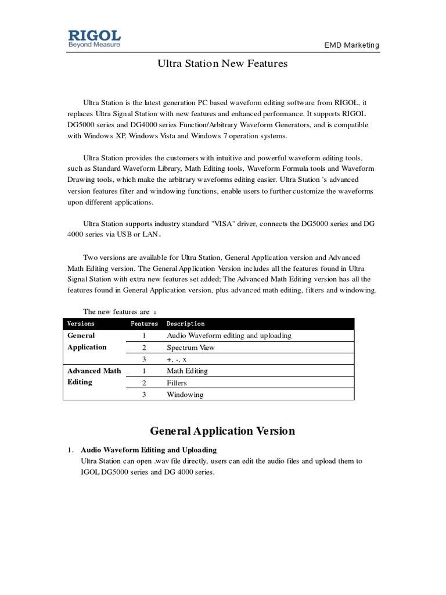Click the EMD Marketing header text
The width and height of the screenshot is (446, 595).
pos(351,45)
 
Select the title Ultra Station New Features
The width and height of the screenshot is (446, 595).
pos(222,64)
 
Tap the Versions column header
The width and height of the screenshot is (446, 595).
pos(81,324)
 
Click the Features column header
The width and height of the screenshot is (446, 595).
pos(144,324)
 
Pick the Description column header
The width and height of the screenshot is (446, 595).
pos(185,324)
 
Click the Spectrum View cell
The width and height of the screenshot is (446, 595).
pos(190,347)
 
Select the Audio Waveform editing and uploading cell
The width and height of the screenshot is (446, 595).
pos(229,335)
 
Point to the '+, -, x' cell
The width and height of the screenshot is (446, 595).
pos(177,360)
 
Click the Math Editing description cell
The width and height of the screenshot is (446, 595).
pos(187,371)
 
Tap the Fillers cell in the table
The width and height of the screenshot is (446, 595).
pos(179,383)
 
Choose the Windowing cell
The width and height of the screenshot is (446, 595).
pos(185,395)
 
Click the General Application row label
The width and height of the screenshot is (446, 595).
pos(87,341)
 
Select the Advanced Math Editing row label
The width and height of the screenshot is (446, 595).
pos(93,376)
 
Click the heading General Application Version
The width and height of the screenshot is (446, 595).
pos(222,431)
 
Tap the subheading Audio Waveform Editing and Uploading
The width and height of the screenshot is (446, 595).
pos(149,450)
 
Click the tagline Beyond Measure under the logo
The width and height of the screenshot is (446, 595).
pos(94,45)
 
